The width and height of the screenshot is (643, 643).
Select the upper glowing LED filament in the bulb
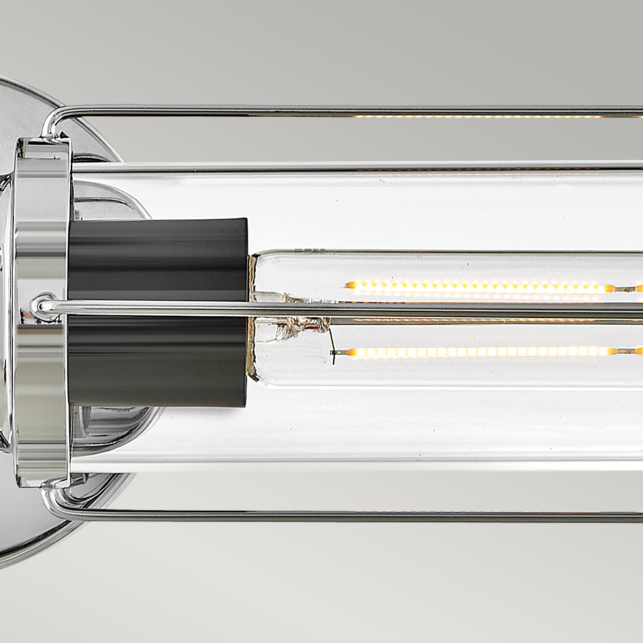[477, 287]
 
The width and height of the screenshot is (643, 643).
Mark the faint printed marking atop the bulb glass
[311, 250]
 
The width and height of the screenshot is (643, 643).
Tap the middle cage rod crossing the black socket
[161, 307]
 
